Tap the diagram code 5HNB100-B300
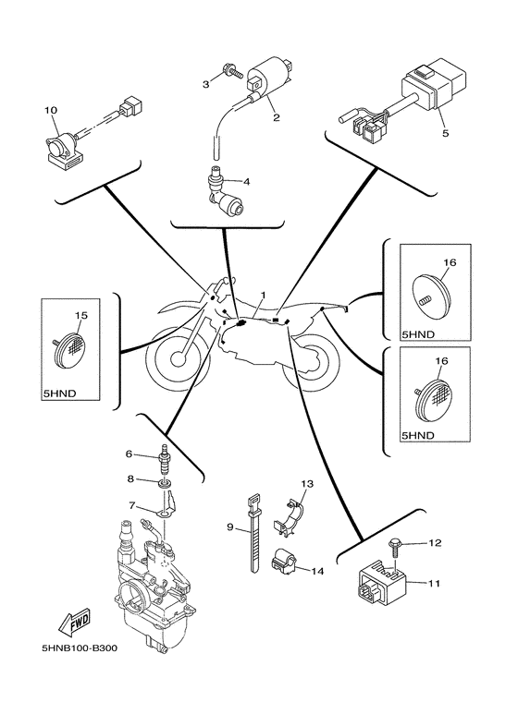pyautogui.click(x=80, y=647)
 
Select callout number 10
pyautogui.click(x=51, y=110)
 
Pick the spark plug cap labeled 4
pyautogui.click(x=225, y=191)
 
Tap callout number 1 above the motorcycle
pyautogui.click(x=263, y=296)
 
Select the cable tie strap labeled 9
pyautogui.click(x=254, y=533)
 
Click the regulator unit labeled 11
pyautogui.click(x=381, y=585)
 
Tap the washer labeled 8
pyautogui.click(x=166, y=482)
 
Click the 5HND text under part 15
pyautogui.click(x=59, y=393)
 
